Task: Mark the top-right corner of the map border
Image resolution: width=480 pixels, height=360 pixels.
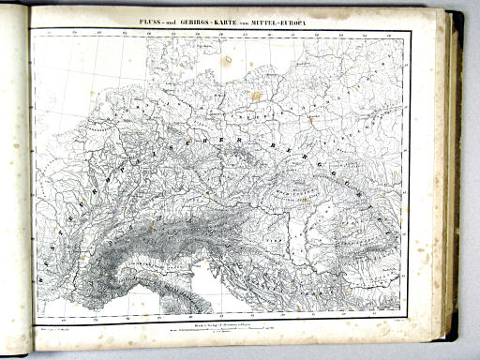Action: pos(411,31)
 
